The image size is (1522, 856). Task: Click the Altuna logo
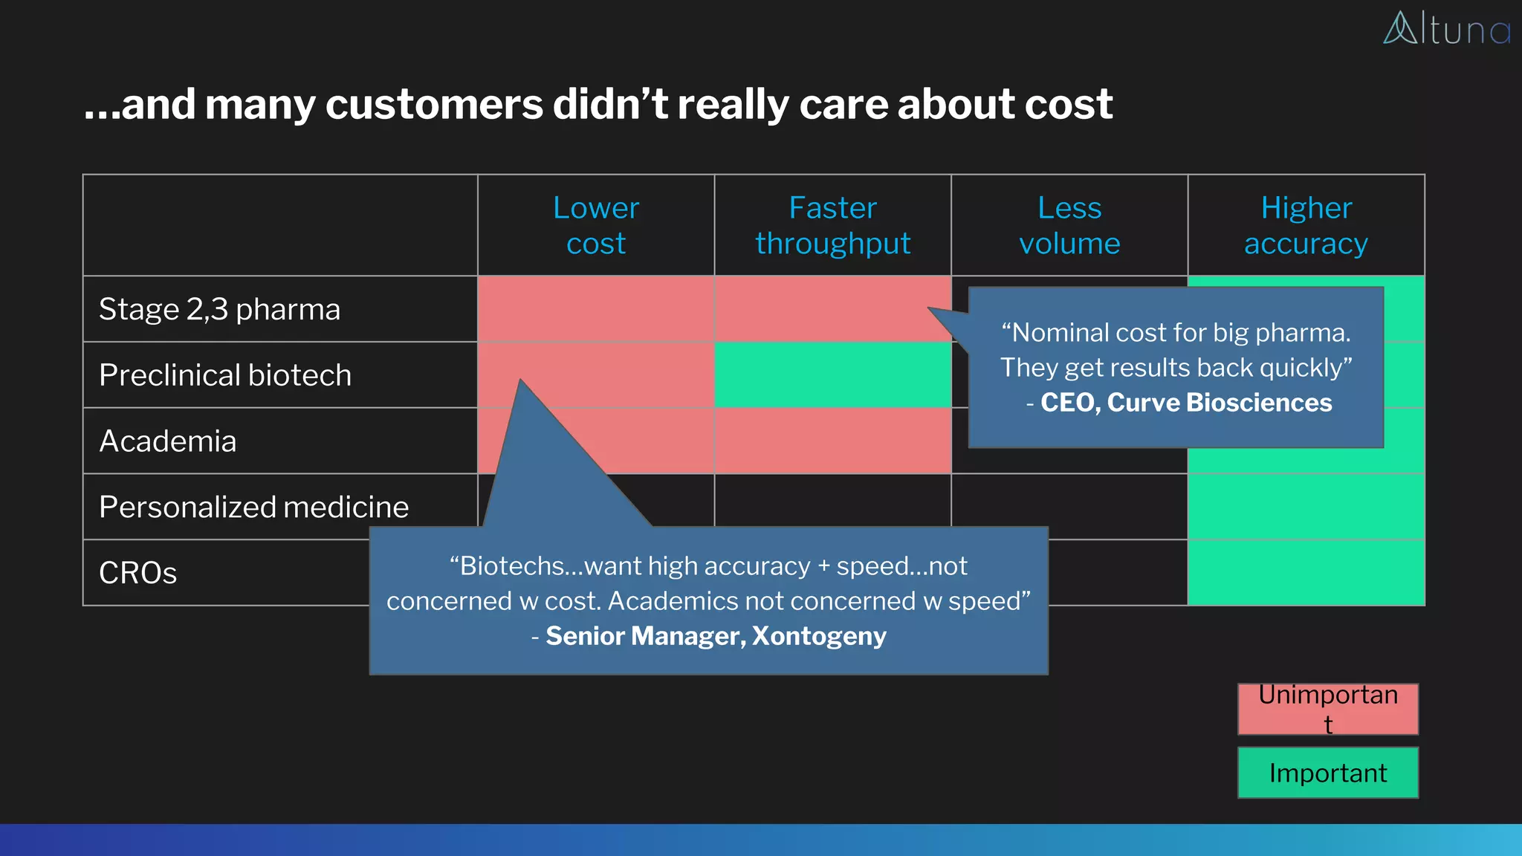[1446, 29]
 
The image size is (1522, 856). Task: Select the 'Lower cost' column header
[595, 225]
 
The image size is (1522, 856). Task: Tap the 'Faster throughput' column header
[832, 225]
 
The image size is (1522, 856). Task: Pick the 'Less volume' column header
[1069, 225]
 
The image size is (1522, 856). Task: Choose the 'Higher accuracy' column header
[1306, 225]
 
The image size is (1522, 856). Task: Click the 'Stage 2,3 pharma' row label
[220, 309]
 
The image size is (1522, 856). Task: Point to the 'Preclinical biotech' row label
[225, 375]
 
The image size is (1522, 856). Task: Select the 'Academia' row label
[168, 441]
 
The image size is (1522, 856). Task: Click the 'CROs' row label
[138, 573]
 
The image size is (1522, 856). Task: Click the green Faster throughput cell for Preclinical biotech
[832, 375]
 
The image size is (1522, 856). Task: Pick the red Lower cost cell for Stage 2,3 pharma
[595, 309]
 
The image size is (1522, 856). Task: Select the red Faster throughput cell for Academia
[832, 441]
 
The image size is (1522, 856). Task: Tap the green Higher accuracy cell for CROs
[1306, 573]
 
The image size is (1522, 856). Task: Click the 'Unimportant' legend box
[1327, 709]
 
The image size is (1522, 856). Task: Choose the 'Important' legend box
[1327, 773]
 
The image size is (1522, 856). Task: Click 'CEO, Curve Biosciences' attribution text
[1185, 403]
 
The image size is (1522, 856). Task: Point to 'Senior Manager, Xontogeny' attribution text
[716, 636]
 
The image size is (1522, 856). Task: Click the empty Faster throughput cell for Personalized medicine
[832, 499]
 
